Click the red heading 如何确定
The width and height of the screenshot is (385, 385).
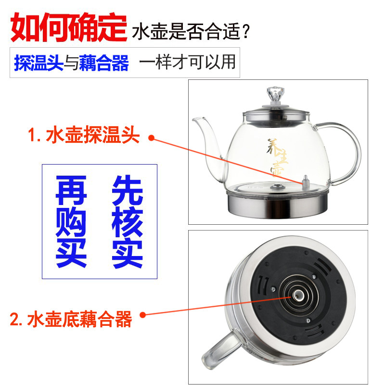click(x=69, y=27)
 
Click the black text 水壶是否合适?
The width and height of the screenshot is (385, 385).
click(x=191, y=31)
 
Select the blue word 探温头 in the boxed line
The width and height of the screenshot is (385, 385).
click(x=39, y=63)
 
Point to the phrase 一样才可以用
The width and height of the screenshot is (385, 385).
click(x=187, y=62)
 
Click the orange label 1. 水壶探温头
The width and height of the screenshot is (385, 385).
click(x=84, y=135)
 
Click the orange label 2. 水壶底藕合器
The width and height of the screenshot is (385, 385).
click(x=71, y=319)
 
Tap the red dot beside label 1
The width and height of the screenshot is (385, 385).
click(x=152, y=138)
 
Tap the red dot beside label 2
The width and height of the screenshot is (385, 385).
click(x=142, y=315)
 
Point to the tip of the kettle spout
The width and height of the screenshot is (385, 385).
click(x=193, y=119)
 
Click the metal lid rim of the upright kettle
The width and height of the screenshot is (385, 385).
click(x=276, y=116)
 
